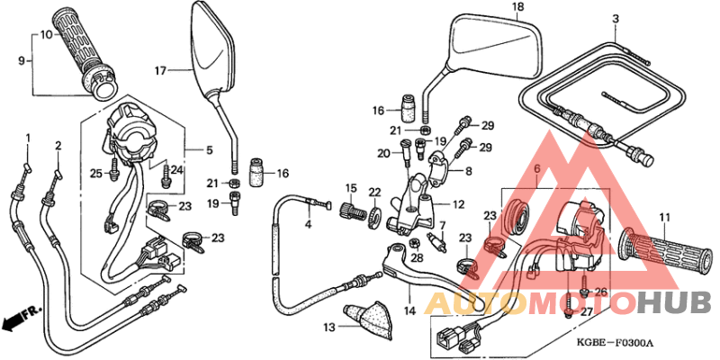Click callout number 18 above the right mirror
click(x=517, y=7)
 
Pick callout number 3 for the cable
click(x=616, y=19)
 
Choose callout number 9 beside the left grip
click(x=22, y=61)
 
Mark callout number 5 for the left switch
click(x=211, y=149)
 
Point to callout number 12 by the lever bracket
click(x=459, y=204)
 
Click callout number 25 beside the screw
click(x=96, y=173)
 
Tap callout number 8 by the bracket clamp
click(x=468, y=170)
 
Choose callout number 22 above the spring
click(x=374, y=191)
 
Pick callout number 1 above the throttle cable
click(x=27, y=138)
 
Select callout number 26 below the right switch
click(x=602, y=292)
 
